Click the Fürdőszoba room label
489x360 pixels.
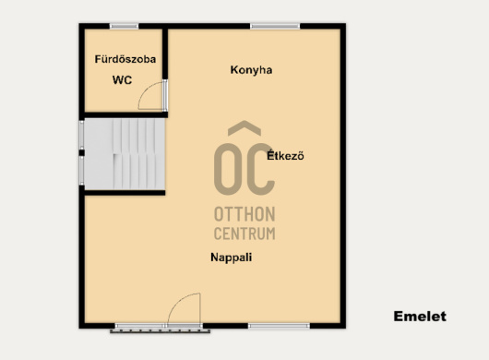point(125,59)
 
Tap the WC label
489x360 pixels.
point(122,80)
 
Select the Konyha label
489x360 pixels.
point(251,70)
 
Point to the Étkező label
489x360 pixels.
point(285,155)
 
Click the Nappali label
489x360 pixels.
point(231,258)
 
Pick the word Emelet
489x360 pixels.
point(420,317)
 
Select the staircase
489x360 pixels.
point(125,154)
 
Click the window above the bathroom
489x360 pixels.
point(125,26)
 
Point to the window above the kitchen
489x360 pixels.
point(275,26)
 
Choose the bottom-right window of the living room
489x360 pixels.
point(280,326)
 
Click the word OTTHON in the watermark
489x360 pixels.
point(244,214)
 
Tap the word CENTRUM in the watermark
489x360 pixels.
point(244,234)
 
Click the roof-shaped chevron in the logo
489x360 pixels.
point(244,128)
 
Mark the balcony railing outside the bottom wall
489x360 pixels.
point(160,331)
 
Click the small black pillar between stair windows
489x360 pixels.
point(82,153)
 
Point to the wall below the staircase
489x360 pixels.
point(125,193)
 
